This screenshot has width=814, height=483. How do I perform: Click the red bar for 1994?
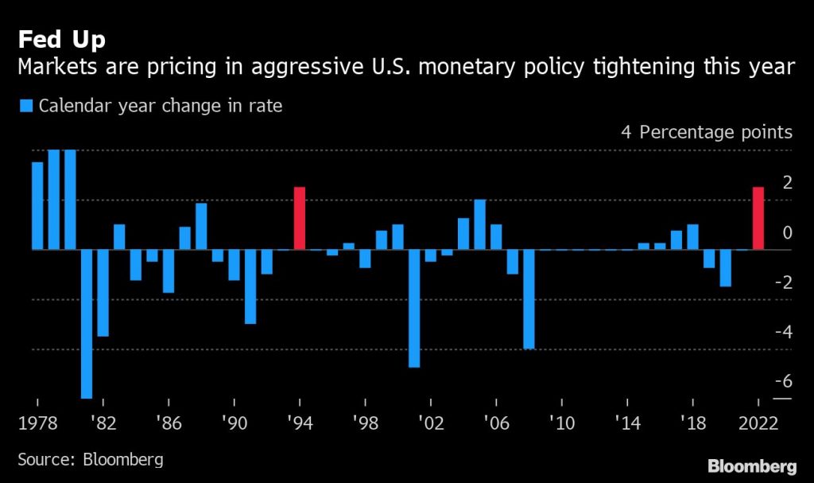[300, 219]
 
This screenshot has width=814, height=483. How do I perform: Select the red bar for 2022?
[758, 219]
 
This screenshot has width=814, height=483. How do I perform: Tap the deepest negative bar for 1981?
[87, 323]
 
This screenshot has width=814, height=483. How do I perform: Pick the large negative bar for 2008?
[529, 299]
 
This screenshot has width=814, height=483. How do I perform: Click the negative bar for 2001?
[414, 308]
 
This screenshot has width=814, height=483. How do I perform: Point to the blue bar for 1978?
[37, 205]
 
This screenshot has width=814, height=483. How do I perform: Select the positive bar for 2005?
[479, 224]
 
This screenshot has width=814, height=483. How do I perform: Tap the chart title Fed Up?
[61, 38]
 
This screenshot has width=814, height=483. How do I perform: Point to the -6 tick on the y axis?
[784, 381]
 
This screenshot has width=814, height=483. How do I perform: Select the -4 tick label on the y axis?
[784, 331]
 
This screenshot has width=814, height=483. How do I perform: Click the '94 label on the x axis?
[300, 423]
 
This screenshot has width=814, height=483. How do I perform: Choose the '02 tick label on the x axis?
[430, 423]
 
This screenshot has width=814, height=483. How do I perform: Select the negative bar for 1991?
[250, 286]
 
